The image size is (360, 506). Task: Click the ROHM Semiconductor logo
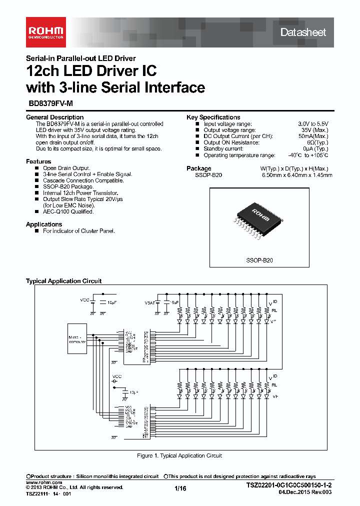click(x=45, y=31)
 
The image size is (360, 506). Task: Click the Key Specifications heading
click(x=213, y=117)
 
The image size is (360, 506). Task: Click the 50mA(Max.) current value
click(x=313, y=136)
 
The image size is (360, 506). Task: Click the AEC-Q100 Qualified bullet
click(x=68, y=211)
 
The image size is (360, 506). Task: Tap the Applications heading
click(x=44, y=224)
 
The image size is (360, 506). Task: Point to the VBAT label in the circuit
click(x=149, y=303)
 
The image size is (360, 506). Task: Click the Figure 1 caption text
click(x=179, y=455)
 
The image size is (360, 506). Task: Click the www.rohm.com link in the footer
click(x=43, y=482)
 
